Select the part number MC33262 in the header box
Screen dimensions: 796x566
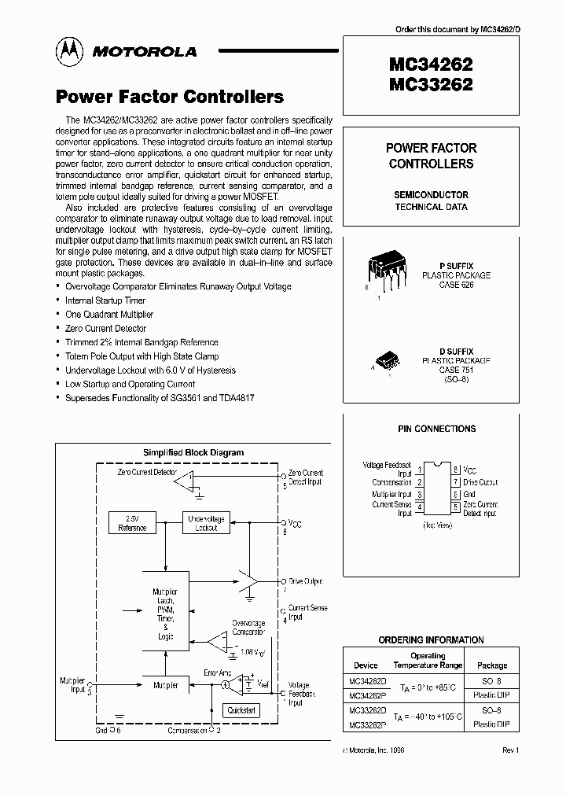coord(431,84)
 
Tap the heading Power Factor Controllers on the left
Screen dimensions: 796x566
coord(169,97)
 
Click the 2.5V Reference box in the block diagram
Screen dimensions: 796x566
coord(131,524)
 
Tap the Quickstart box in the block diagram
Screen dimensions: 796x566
coord(241,709)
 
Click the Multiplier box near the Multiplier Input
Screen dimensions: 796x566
coord(165,685)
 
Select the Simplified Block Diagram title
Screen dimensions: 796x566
coord(193,452)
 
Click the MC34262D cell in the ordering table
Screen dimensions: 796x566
coord(367,680)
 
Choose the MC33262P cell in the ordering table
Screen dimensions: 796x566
coord(367,724)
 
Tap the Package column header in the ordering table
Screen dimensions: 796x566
coord(492,665)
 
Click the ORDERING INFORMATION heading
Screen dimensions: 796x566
coord(431,640)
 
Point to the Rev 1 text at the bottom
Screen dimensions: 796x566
coord(510,751)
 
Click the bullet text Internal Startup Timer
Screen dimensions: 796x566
coord(105,300)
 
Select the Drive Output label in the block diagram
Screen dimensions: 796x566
coord(305,581)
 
